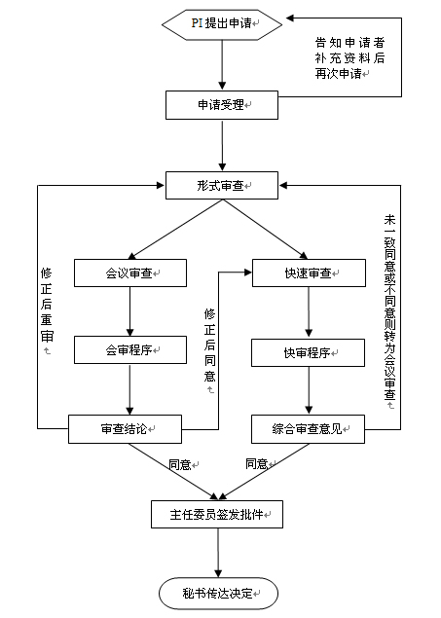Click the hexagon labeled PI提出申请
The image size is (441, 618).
click(222, 24)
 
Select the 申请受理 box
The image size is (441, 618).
click(222, 105)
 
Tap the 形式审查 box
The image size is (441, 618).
click(222, 185)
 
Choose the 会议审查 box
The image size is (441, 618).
click(130, 273)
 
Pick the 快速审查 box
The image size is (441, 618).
click(309, 273)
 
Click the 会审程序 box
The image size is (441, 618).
click(130, 349)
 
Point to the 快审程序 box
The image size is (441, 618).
click(309, 352)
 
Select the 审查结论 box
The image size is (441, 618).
click(125, 429)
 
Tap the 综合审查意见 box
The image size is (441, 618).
click(309, 429)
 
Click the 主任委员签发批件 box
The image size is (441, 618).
click(217, 514)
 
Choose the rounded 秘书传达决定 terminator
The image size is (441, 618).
click(219, 593)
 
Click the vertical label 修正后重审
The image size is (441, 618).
click(47, 306)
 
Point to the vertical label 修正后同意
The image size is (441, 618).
click(209, 346)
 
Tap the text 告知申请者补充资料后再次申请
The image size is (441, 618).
click(349, 58)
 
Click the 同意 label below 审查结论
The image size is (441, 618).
click(180, 464)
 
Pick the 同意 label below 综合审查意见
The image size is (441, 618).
click(257, 463)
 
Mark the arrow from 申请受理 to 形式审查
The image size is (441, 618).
click(222, 145)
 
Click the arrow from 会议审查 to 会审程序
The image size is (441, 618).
click(130, 311)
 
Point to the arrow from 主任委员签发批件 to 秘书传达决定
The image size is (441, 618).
click(218, 553)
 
